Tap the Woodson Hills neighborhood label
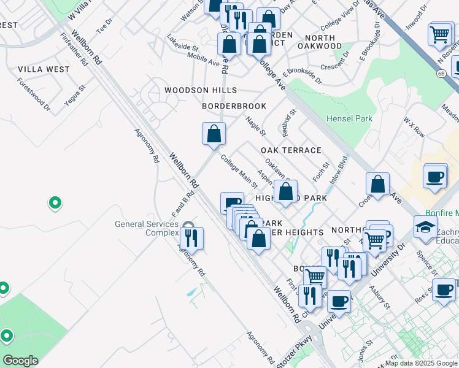click(200, 90)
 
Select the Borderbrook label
click(234, 106)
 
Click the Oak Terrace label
click(291, 150)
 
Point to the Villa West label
click(44, 69)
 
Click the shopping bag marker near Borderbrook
click(214, 133)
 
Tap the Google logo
click(20, 361)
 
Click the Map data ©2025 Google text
click(421, 363)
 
